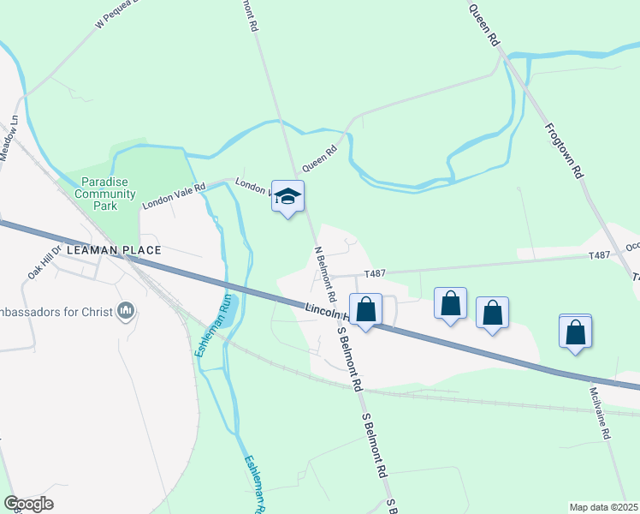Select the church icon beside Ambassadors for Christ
(x=127, y=309)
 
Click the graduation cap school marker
(x=287, y=196)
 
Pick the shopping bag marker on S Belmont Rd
(x=365, y=310)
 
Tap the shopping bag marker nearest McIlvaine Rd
(x=575, y=331)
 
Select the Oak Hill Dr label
(x=45, y=262)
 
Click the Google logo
(x=28, y=504)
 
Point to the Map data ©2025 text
(x=603, y=507)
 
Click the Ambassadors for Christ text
(x=56, y=311)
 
